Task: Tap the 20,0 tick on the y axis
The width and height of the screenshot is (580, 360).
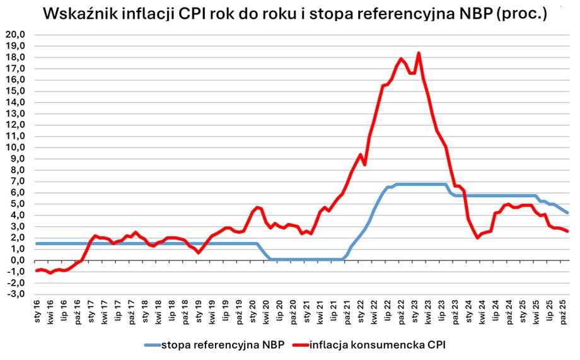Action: [15, 35]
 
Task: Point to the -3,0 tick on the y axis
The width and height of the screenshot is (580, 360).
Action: [15, 294]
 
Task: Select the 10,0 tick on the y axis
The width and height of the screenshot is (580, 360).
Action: [15, 148]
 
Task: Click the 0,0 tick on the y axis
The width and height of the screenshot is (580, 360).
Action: [16, 260]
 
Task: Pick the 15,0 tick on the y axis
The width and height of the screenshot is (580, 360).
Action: [15, 91]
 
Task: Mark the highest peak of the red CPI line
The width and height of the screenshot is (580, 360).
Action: [419, 53]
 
